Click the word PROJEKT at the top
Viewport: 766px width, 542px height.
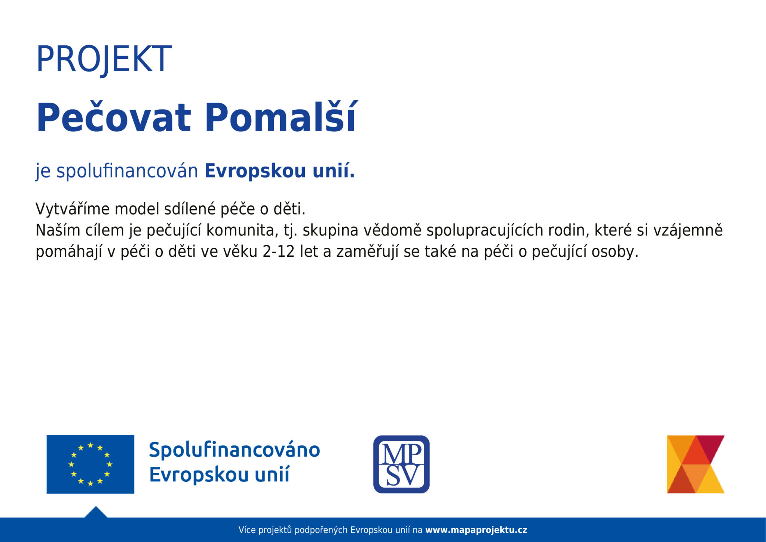pos(104,59)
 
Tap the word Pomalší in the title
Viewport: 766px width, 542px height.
pos(281,118)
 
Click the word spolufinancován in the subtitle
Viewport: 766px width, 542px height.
pos(127,171)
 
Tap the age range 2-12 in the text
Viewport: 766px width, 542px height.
pos(278,252)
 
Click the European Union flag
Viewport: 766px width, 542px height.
pos(90,464)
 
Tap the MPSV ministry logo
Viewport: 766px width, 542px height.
pos(401,464)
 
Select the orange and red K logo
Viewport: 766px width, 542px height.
pos(695,464)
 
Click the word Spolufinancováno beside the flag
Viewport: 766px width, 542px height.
pos(235,450)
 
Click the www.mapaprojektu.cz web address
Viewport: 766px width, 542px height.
pos(476,530)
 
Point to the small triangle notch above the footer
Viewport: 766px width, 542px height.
pos(96,512)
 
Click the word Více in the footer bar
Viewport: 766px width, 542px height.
pos(247,530)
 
